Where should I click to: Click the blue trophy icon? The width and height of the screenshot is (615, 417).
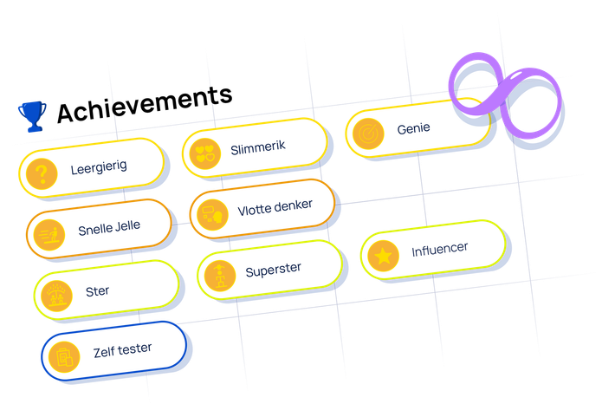32,115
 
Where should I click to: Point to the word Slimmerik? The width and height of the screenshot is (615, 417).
258,148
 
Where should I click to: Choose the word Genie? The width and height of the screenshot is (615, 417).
414,128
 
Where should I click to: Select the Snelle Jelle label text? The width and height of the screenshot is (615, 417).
109,228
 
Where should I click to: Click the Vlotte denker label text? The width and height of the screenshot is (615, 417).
275,205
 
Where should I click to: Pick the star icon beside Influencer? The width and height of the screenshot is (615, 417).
382,256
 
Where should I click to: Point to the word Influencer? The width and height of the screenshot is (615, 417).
440,249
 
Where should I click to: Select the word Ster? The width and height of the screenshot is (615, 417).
98,290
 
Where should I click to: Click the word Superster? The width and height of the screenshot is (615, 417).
273,270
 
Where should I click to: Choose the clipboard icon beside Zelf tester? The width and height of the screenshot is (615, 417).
62,355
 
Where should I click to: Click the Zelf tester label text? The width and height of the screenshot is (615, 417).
123,349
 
